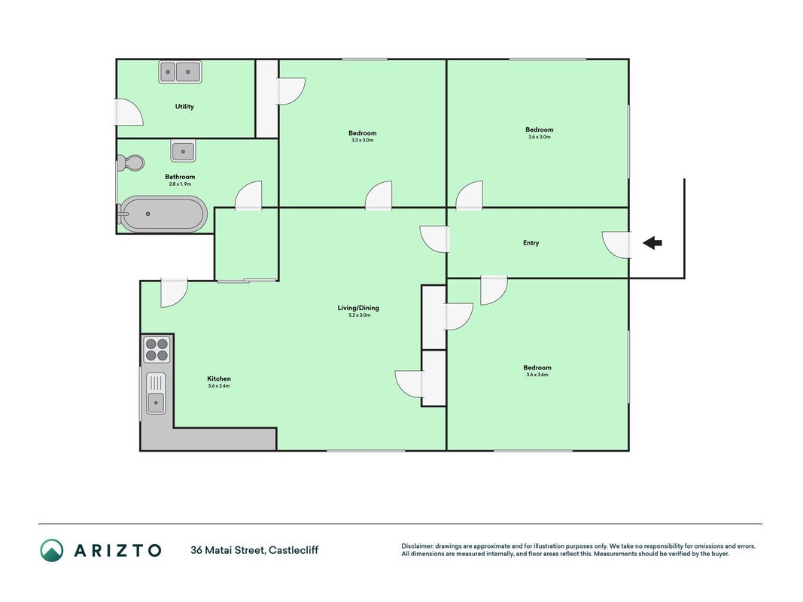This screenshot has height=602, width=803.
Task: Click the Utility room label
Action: (184, 106)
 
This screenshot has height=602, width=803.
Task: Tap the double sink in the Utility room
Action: (180, 71)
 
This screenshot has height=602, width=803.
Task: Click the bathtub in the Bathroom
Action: (163, 214)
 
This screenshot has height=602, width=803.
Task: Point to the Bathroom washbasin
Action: (183, 151)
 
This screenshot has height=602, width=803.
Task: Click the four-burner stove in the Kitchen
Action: (157, 349)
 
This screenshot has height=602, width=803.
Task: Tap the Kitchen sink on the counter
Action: (156, 393)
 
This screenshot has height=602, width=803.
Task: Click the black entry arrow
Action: (652, 242)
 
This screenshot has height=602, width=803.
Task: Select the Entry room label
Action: (531, 242)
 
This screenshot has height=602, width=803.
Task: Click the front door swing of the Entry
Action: (616, 245)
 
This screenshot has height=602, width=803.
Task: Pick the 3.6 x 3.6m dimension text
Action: (537, 375)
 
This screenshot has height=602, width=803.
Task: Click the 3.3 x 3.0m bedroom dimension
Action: (363, 140)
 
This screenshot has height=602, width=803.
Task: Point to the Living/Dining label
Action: (358, 308)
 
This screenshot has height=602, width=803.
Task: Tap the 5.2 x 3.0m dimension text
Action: (360, 315)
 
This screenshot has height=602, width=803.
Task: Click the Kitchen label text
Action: (219, 379)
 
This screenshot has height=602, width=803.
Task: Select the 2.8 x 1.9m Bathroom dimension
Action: (181, 184)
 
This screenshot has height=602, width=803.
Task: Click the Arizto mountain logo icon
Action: (52, 550)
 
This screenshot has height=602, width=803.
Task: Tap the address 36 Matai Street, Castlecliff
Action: (254, 550)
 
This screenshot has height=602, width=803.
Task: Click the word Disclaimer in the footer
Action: (418, 546)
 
